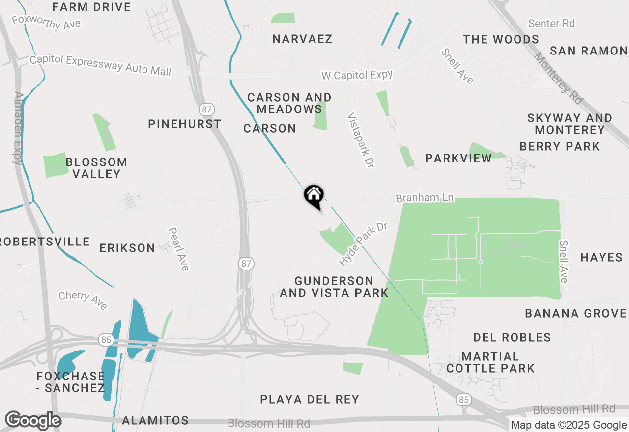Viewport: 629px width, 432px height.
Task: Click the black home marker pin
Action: [x=314, y=196]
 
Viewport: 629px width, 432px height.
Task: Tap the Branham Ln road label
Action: [x=425, y=198]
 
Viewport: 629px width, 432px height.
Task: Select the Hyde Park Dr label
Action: [x=363, y=244]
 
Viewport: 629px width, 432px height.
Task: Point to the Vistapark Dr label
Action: [x=360, y=140]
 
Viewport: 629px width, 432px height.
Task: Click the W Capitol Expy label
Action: [x=357, y=75]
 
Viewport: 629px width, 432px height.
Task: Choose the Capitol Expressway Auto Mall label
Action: [x=100, y=65]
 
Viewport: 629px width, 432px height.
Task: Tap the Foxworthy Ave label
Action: [x=46, y=23]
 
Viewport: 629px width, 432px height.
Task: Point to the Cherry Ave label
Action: [x=83, y=300]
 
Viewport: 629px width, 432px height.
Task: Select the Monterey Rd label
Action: [x=559, y=78]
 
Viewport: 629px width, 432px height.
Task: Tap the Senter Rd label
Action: [x=551, y=23]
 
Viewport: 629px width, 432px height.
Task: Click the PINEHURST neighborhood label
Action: [x=184, y=124]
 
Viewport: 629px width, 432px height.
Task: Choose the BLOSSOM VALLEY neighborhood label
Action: [x=96, y=168]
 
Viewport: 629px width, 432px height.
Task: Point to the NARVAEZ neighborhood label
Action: [x=302, y=39]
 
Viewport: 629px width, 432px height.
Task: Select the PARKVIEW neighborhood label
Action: [x=458, y=158]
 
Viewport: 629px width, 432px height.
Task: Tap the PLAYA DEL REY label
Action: [x=310, y=399]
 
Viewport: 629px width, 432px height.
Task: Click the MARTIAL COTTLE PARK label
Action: [x=490, y=362]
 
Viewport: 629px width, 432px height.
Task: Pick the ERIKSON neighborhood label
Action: [x=127, y=248]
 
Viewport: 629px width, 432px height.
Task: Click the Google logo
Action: [x=33, y=421]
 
